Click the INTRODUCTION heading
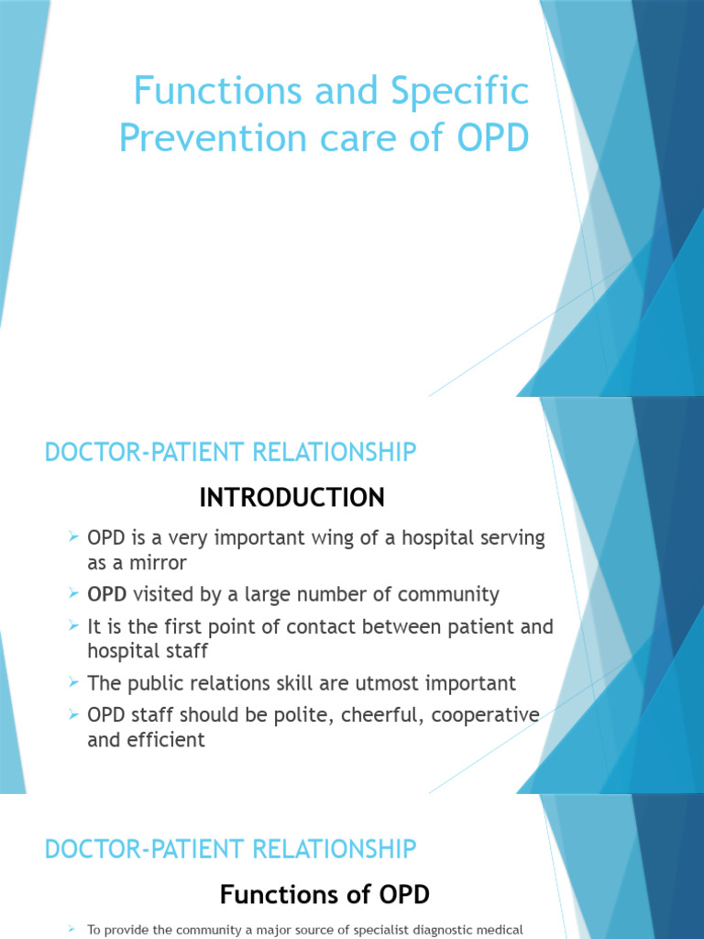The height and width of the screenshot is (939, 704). point(292,498)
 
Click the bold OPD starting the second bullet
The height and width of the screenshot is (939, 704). point(107,594)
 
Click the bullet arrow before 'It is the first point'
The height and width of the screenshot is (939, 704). point(74,627)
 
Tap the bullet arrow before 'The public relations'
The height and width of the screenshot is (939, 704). point(74,683)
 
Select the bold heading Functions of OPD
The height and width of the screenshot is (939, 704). point(325,894)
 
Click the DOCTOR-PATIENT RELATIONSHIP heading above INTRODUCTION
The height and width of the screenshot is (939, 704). point(230,452)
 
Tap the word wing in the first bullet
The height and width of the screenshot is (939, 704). point(314,538)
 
